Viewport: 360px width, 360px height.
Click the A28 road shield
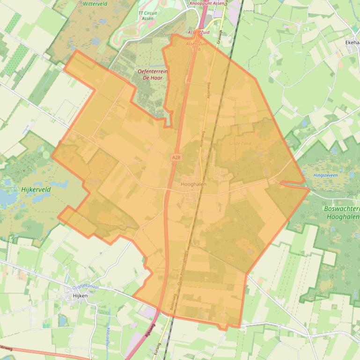pos(176,158)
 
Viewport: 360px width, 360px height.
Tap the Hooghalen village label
pos(193,184)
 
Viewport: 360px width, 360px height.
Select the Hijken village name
pos(80,295)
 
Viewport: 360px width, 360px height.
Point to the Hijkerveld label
pos(35,190)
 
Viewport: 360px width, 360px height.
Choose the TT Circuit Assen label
pos(147,15)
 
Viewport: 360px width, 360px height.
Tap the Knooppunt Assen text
pos(207,3)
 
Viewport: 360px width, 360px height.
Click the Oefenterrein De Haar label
pos(153,74)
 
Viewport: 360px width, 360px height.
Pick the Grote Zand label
pos(240,144)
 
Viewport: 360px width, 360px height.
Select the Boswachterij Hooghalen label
pos(342,213)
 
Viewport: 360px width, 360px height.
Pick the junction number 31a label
pos(197,48)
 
